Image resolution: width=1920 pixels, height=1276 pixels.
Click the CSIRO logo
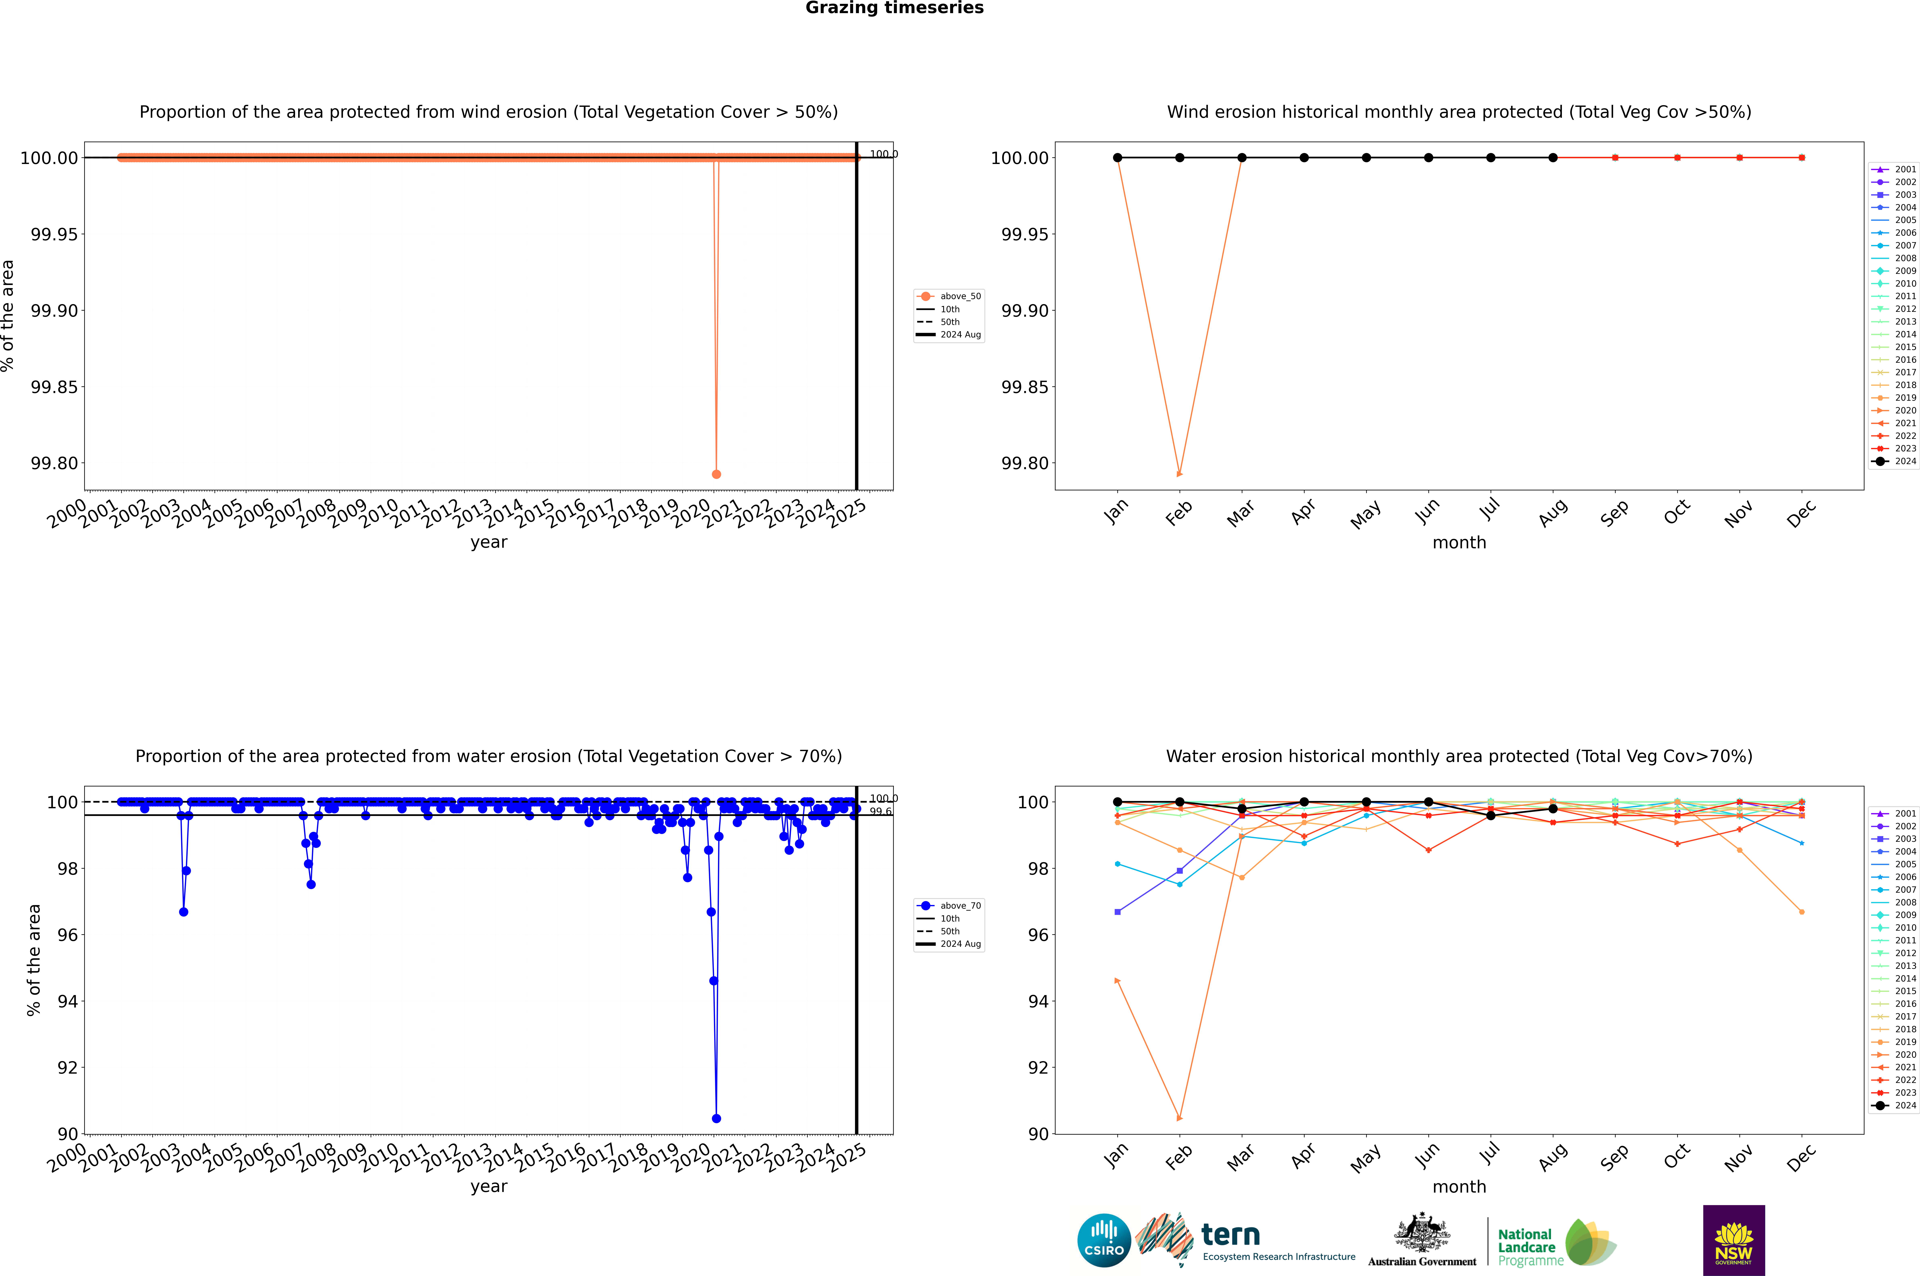point(1104,1240)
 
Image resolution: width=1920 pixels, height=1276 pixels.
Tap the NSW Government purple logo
point(1734,1240)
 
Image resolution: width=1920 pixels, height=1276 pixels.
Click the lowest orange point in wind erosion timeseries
point(716,474)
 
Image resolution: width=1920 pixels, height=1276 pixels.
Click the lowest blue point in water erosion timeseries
point(716,1118)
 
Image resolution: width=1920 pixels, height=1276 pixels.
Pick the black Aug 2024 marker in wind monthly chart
point(1553,158)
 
